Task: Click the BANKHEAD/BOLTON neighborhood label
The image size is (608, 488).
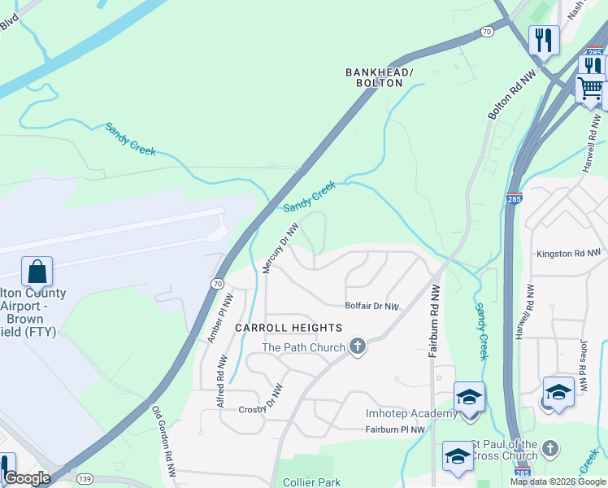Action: pos(380,78)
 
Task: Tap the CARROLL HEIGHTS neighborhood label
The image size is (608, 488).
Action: pos(289,328)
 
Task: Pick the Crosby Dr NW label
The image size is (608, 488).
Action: pos(261,399)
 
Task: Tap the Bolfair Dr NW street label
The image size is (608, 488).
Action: pos(372,307)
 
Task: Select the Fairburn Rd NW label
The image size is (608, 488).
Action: pos(434,321)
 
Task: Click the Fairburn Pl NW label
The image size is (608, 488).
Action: pos(395,429)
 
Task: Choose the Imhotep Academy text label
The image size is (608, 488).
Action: pos(411,414)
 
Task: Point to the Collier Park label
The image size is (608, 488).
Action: pos(309,481)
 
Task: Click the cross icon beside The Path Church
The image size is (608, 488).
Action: pos(357,347)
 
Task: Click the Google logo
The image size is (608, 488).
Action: pos(27,478)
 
